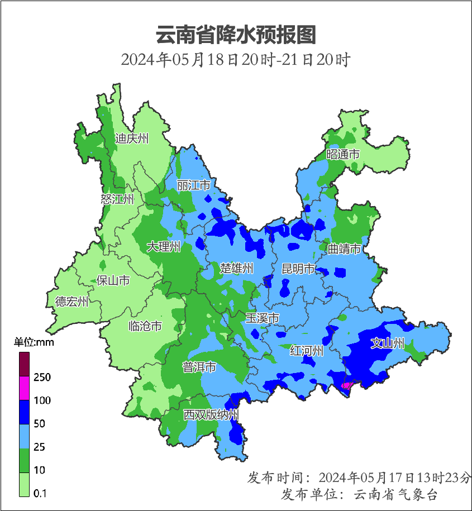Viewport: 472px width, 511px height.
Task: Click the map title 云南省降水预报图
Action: point(236,35)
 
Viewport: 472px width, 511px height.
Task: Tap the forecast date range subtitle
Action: point(236,59)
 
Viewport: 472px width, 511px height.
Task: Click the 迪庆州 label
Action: point(132,139)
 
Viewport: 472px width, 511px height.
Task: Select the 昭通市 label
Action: point(343,154)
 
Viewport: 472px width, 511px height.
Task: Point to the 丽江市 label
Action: point(193,185)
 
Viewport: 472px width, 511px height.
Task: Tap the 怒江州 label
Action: point(117,199)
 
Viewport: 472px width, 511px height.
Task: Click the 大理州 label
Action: point(164,246)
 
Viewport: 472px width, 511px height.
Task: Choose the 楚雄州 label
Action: point(237,269)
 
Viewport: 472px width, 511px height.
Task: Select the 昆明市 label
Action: point(298,269)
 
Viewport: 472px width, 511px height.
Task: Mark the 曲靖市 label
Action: point(344,249)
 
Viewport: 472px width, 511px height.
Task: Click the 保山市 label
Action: point(113,280)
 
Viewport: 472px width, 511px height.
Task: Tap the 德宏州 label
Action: point(72,302)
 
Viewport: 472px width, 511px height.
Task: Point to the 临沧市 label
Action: point(145,326)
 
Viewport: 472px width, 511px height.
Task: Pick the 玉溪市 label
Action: point(263,318)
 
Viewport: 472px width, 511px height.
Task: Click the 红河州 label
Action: point(307,351)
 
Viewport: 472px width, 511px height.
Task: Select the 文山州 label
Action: point(388,343)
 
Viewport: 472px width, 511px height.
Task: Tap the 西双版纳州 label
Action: point(212,415)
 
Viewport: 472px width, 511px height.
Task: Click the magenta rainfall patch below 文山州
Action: point(346,385)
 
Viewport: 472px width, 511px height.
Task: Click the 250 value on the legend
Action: point(42,378)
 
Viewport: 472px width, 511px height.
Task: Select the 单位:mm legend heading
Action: point(34,343)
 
